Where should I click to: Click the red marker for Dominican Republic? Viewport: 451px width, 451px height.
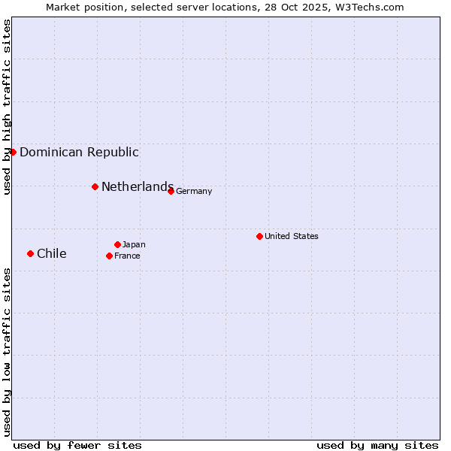[13, 152]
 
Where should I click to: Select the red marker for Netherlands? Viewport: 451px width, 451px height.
[95, 186]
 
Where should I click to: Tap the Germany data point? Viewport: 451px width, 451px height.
[171, 191]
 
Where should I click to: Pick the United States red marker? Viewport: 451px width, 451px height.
[259, 236]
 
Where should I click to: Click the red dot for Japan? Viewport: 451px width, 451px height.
[117, 244]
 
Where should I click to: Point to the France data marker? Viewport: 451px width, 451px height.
[109, 256]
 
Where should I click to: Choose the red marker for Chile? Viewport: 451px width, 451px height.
[30, 253]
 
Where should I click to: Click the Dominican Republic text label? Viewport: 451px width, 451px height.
[79, 152]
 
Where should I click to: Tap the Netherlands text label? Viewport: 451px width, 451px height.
[138, 186]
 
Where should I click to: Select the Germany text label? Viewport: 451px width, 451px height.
[194, 191]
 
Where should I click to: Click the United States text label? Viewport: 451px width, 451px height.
[292, 236]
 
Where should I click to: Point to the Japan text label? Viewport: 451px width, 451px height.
[134, 244]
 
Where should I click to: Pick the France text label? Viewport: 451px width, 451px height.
[127, 256]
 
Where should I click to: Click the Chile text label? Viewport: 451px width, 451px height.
[52, 253]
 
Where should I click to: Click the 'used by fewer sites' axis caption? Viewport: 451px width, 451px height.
[77, 445]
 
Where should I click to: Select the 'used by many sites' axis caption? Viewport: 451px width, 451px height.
[377, 445]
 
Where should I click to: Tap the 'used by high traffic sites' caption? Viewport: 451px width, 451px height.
[7, 107]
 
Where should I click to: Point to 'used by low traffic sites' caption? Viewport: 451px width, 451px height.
[7, 352]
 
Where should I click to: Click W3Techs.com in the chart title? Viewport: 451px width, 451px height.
[371, 7]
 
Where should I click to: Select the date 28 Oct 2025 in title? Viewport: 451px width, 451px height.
[304, 7]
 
